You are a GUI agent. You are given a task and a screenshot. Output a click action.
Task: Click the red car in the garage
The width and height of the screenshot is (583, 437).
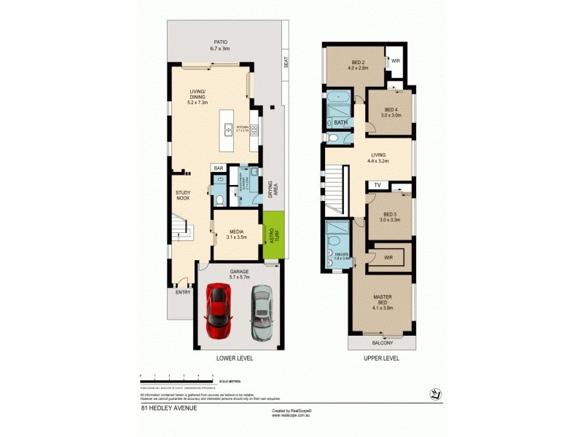(x=218, y=311)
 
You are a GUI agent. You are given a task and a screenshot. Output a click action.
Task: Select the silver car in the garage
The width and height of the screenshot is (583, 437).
(x=261, y=312)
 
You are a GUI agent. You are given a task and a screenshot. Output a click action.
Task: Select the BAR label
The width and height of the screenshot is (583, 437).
(x=218, y=168)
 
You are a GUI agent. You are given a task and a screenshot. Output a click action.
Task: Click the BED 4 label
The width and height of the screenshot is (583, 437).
(x=391, y=111)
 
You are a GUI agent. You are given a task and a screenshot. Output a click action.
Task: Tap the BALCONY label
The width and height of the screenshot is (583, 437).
(x=382, y=343)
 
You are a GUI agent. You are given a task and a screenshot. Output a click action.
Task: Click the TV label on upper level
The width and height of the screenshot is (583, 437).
(x=377, y=186)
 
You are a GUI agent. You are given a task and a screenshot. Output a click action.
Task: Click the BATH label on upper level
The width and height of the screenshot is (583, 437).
(x=340, y=123)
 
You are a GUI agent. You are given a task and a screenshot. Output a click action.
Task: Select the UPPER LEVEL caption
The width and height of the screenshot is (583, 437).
(x=381, y=358)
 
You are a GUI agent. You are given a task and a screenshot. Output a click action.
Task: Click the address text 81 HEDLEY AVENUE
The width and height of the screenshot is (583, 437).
(x=168, y=408)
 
